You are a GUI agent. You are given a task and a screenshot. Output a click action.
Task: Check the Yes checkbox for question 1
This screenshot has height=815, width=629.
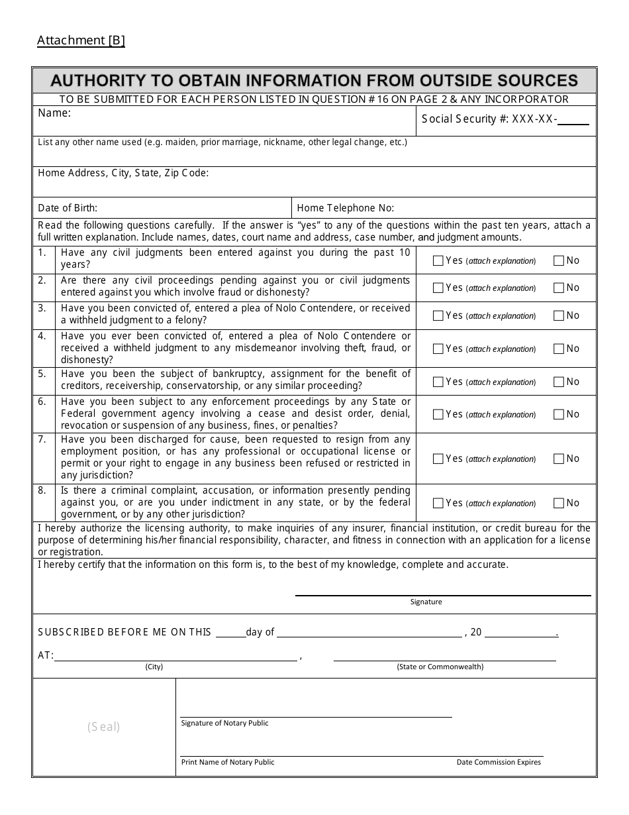tap(438, 261)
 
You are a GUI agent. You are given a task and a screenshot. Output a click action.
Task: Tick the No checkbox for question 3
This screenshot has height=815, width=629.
tap(558, 315)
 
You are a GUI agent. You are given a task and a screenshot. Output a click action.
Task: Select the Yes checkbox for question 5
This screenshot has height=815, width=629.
tap(438, 382)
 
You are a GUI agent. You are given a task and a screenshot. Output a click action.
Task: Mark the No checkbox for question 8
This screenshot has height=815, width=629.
tap(558, 503)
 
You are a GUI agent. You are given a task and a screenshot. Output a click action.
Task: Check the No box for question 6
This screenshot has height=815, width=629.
tap(558, 414)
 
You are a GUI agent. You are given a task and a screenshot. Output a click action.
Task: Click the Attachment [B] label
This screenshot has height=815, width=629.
tap(81, 40)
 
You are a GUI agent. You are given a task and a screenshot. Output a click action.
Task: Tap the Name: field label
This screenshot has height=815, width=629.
tap(54, 113)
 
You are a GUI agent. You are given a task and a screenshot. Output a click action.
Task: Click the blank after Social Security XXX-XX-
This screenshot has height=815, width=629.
tap(577, 119)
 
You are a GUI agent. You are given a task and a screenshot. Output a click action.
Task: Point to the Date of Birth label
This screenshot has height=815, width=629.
tap(68, 208)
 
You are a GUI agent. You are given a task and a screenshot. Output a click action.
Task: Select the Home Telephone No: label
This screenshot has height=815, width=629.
tap(346, 208)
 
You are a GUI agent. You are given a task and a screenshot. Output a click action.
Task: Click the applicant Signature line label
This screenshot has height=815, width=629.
tap(426, 602)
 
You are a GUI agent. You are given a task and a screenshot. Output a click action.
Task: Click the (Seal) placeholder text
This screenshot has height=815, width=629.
tap(104, 727)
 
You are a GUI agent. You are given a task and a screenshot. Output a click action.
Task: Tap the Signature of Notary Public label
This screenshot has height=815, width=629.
tap(224, 723)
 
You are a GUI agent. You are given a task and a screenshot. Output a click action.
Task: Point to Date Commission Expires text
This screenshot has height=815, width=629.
tap(499, 762)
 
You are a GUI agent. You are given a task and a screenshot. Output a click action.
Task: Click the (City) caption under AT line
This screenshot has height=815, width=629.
tap(154, 667)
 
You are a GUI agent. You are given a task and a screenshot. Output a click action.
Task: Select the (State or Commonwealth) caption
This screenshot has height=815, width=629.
tap(440, 667)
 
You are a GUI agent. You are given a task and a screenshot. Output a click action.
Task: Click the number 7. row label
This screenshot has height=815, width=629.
tap(42, 439)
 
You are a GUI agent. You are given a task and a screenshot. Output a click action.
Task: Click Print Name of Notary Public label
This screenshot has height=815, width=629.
tap(228, 762)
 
